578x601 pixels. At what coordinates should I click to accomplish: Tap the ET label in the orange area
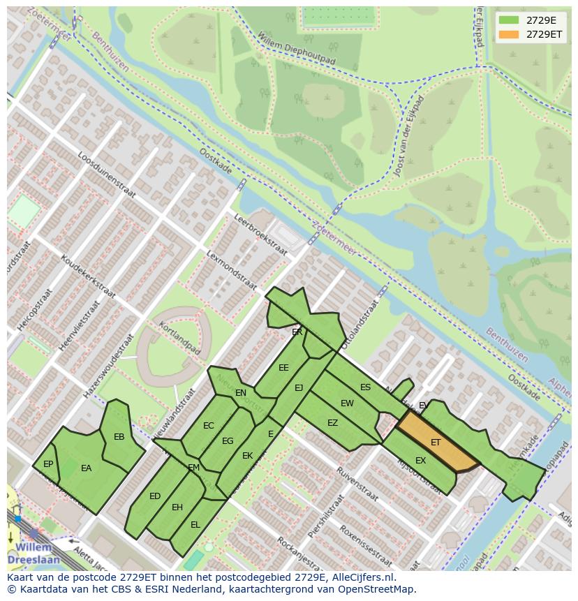tap(436, 443)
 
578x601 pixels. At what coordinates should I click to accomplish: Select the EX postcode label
tap(420, 461)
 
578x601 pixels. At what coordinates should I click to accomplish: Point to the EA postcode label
tap(86, 468)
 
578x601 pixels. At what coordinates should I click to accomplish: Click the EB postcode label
tap(119, 437)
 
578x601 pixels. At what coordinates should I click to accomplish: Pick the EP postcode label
tap(48, 464)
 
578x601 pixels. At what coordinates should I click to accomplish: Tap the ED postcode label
tap(155, 496)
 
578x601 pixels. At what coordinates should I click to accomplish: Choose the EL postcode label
tap(195, 524)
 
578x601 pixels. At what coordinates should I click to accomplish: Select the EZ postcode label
tap(332, 423)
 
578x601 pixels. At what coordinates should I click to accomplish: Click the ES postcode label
tap(365, 387)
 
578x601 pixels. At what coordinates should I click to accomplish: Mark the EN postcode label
tap(241, 393)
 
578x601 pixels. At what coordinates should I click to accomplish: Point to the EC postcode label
tap(209, 426)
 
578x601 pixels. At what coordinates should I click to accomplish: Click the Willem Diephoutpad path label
tap(296, 48)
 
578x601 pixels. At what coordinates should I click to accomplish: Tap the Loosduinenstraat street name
tap(111, 184)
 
